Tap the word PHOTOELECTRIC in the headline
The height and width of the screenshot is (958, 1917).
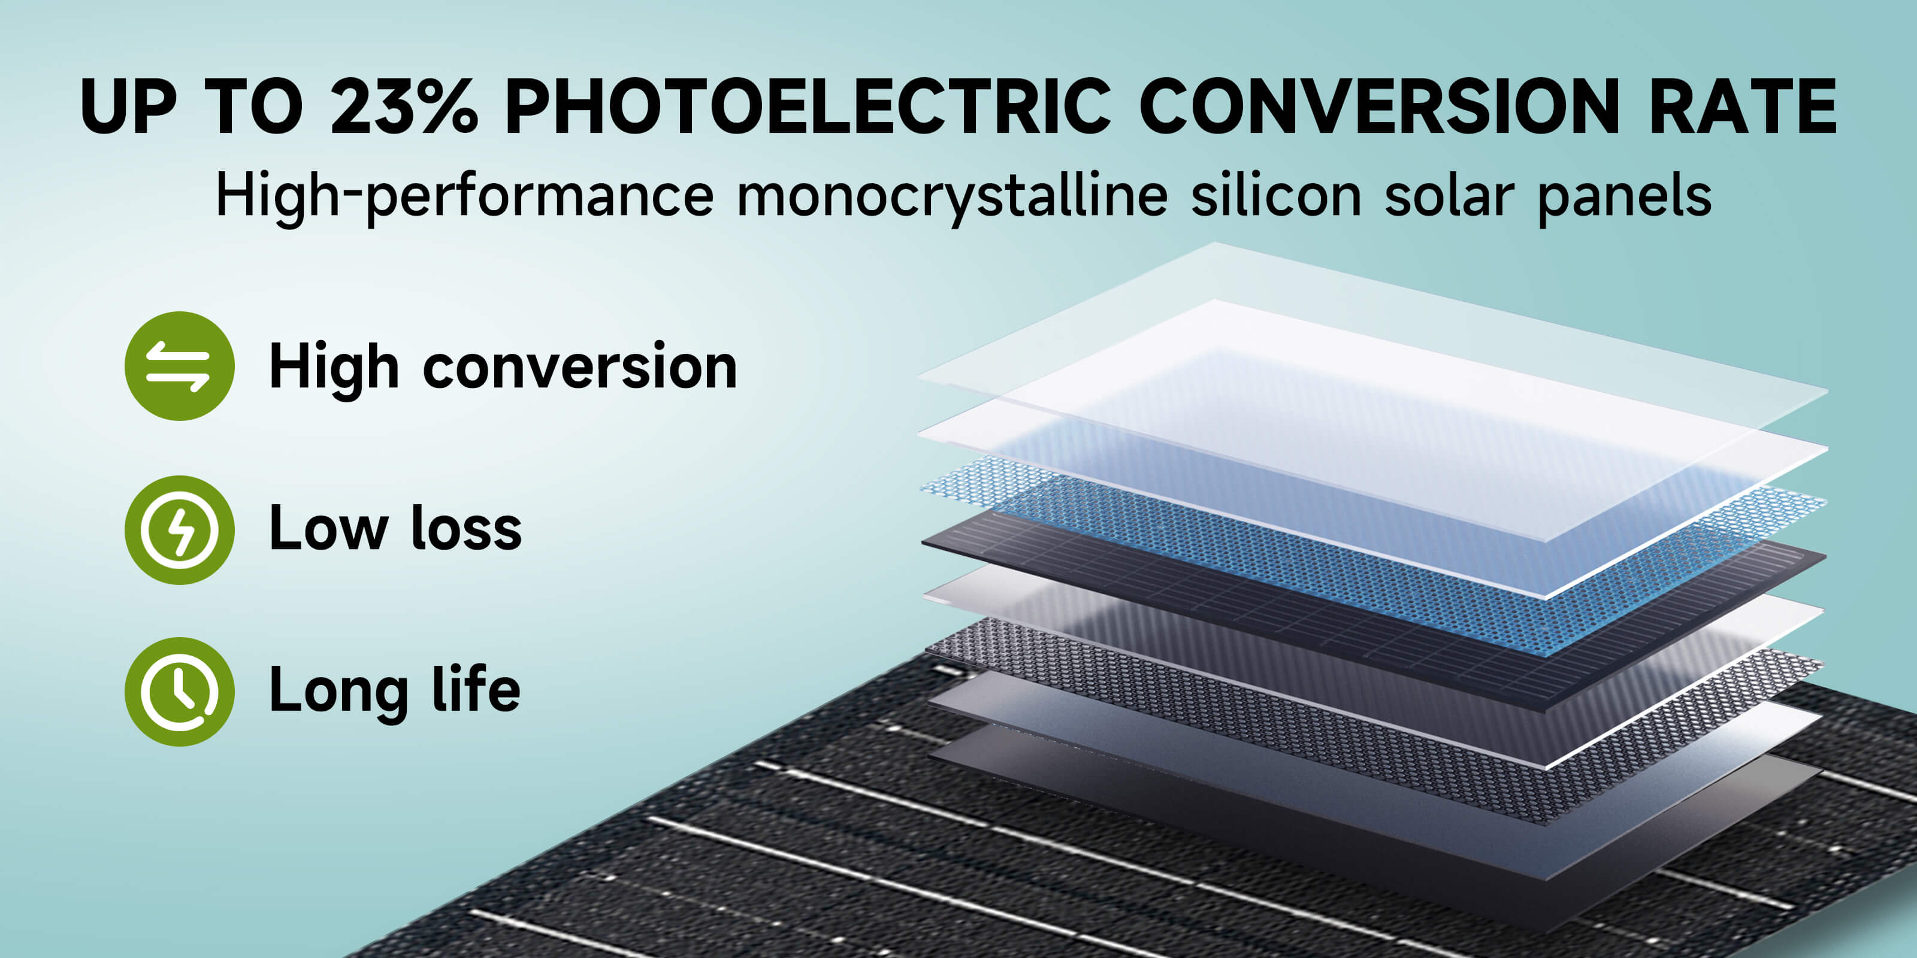(808, 107)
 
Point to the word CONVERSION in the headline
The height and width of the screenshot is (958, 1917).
(1379, 107)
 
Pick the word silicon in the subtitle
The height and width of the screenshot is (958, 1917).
(1276, 195)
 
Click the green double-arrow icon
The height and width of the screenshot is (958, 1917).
(179, 366)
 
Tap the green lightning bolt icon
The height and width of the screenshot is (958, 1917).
(179, 529)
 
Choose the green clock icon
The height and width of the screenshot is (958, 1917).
(179, 692)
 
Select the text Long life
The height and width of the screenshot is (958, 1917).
(394, 692)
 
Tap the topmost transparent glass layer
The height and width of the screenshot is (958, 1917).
(1373, 335)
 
